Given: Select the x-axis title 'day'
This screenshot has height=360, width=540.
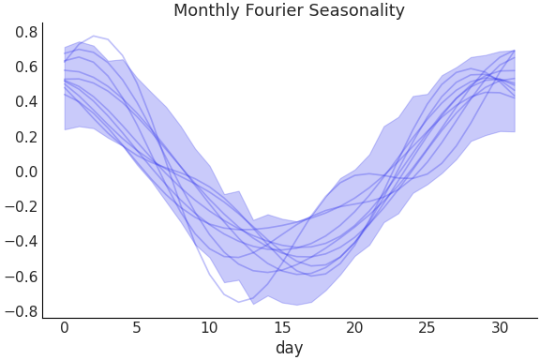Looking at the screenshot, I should (x=289, y=348).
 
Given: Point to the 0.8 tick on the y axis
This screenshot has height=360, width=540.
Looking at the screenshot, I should (x=26, y=33).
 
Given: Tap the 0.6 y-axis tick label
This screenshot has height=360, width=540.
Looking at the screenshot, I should (x=26, y=67).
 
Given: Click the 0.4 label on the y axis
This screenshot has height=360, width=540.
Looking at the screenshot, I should (x=26, y=102).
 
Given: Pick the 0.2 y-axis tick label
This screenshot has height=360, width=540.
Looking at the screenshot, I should (x=26, y=137).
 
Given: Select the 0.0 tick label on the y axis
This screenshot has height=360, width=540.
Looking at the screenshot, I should (x=26, y=172).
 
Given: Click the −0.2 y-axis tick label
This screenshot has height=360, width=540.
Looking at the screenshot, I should (x=22, y=207).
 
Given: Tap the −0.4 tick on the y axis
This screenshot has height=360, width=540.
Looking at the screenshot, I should (x=22, y=242).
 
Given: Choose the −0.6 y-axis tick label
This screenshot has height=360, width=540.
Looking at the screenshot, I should (x=22, y=277).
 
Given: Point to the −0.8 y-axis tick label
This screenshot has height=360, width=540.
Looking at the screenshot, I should (x=22, y=311).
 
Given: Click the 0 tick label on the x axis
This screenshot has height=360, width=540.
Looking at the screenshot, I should (x=65, y=327).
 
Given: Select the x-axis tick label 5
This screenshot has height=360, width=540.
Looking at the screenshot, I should (x=137, y=327).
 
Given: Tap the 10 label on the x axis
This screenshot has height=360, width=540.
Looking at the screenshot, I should (x=209, y=327).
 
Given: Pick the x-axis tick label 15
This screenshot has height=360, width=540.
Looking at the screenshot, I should (x=282, y=327).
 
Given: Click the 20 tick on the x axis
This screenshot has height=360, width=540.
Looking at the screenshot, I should (x=354, y=327).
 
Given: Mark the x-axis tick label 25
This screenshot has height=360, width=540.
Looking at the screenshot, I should (x=427, y=327).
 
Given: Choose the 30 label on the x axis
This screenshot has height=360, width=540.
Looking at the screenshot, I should (x=500, y=327).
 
